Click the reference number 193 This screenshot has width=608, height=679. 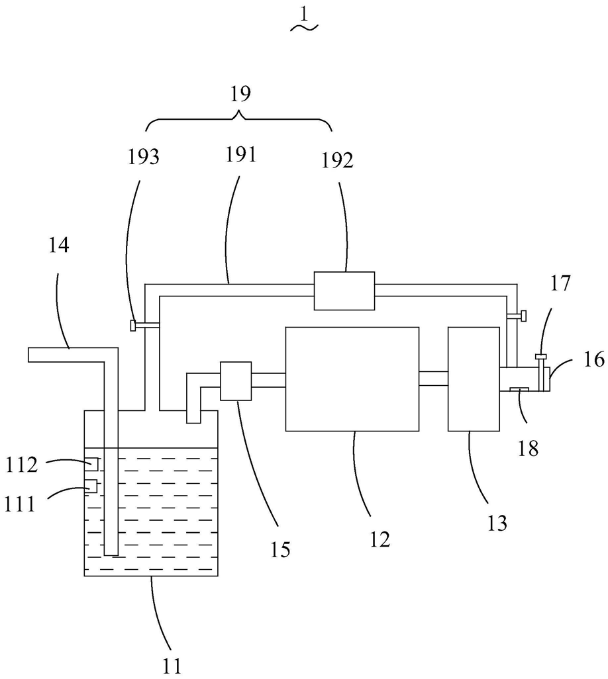(144, 157)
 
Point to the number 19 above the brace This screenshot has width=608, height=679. (240, 93)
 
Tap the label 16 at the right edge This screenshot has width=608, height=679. (594, 359)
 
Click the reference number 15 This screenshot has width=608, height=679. (279, 549)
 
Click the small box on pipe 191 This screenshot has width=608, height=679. (344, 291)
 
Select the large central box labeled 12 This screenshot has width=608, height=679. (352, 379)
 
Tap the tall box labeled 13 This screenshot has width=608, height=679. (473, 379)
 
